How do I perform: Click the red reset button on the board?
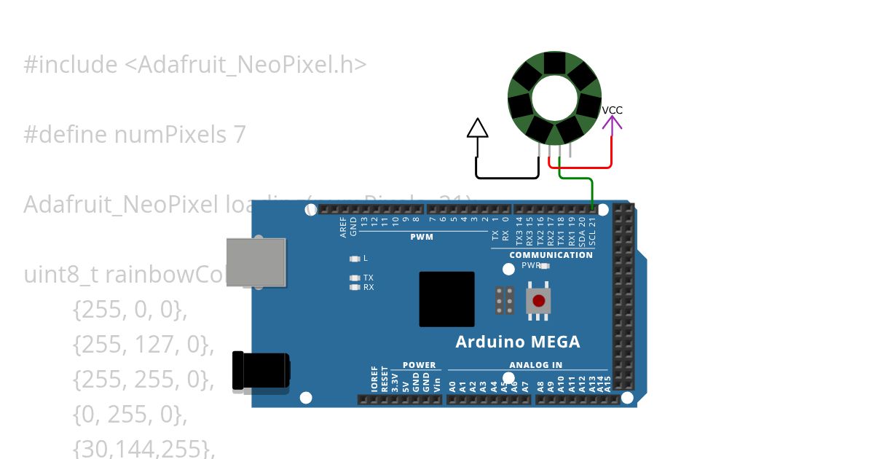point(538,301)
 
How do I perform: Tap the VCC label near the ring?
point(612,110)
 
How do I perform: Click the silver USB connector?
point(256,262)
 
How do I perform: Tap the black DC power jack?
point(260,370)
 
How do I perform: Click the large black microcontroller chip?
point(446,299)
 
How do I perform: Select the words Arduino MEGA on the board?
point(518,342)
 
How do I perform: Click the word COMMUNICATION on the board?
point(551,255)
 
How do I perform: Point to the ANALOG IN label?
point(535,365)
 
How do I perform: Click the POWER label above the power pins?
point(419,365)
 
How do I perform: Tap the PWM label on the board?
point(422,237)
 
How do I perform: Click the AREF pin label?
point(343,227)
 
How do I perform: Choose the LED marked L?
point(355,259)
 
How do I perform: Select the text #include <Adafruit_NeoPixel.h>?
point(194,65)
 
